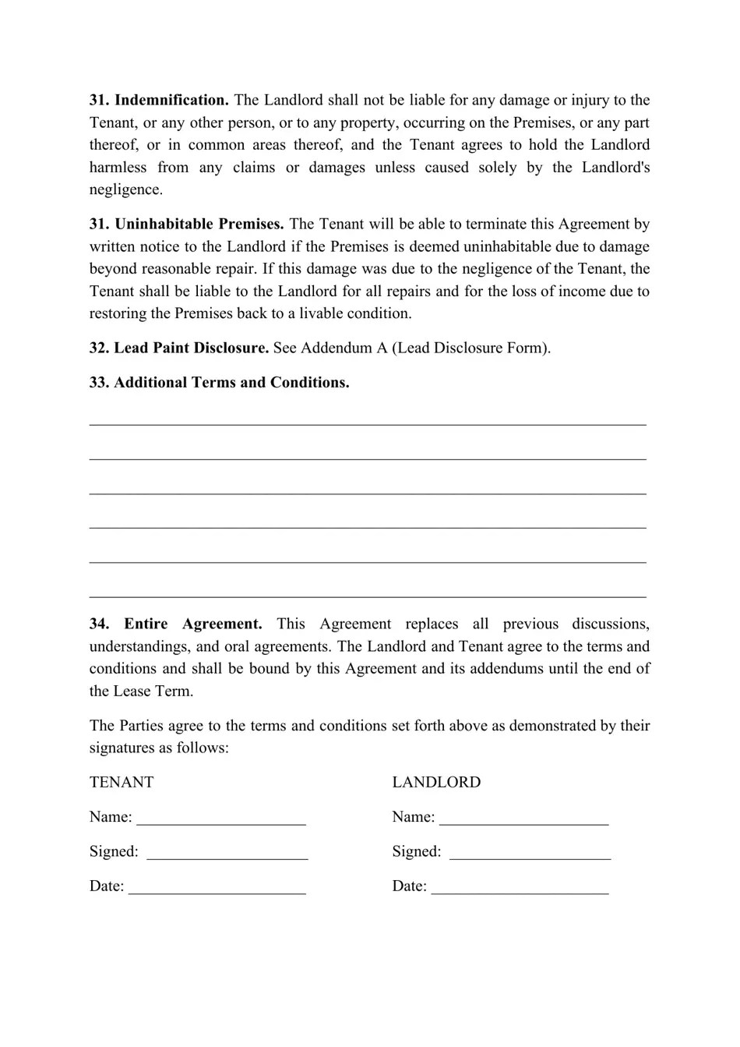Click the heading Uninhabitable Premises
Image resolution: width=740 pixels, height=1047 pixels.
(x=199, y=224)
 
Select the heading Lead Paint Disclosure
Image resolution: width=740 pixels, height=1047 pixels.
(x=191, y=348)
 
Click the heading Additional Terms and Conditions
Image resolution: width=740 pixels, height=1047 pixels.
(x=231, y=382)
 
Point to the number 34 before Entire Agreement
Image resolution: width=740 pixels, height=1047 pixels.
(x=98, y=624)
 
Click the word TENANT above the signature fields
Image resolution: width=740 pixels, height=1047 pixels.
(x=122, y=782)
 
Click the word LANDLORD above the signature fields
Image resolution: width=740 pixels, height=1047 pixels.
(x=436, y=782)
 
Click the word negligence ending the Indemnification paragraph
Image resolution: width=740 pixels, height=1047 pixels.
(x=125, y=189)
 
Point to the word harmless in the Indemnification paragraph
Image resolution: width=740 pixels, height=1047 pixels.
(x=118, y=167)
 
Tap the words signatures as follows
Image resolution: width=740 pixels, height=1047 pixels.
(x=159, y=748)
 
